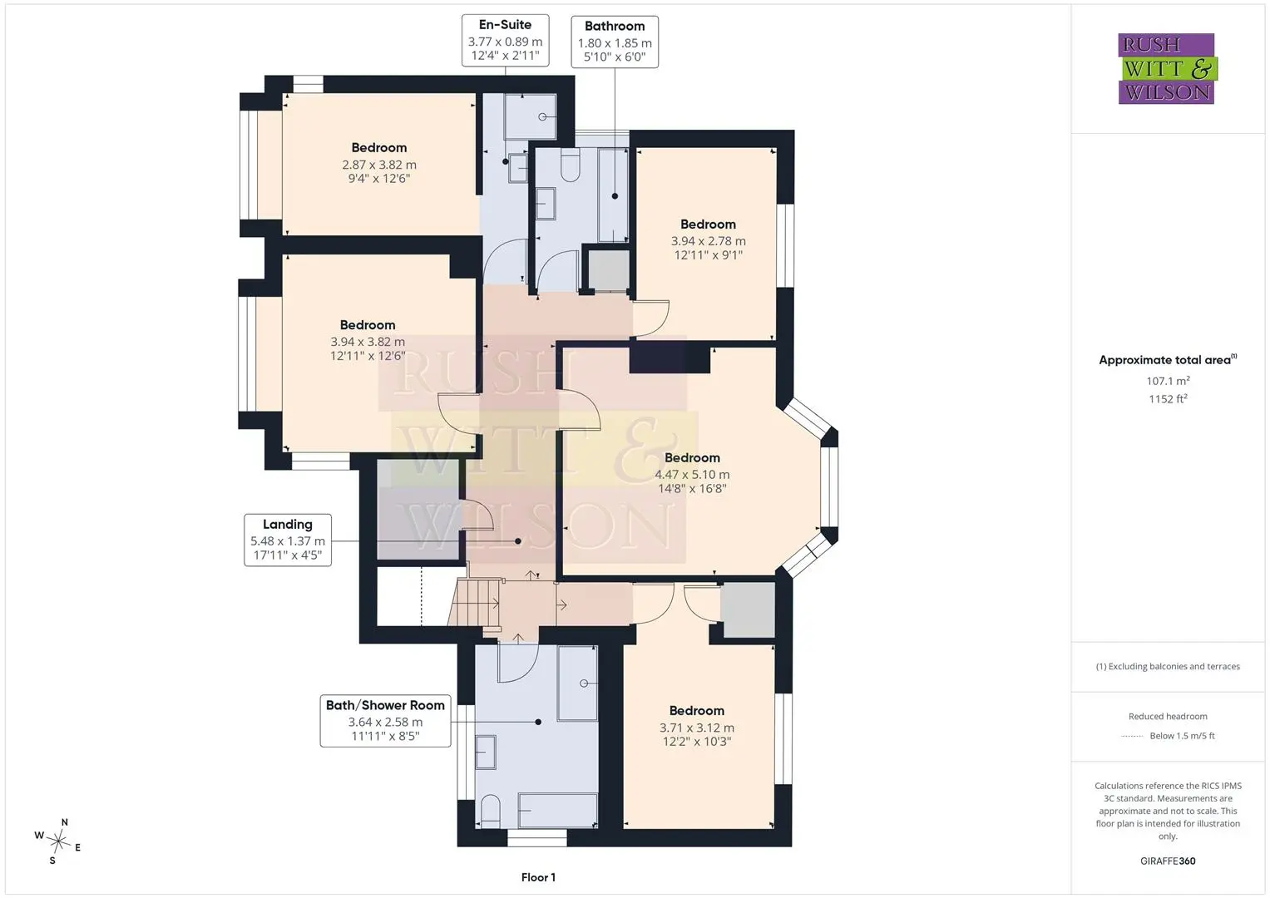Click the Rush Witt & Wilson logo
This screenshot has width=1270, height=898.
pyautogui.click(x=1167, y=68)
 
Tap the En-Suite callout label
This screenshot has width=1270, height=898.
pyautogui.click(x=505, y=40)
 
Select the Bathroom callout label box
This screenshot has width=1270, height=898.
pyautogui.click(x=615, y=42)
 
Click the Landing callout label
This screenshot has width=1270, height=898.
pyautogui.click(x=288, y=540)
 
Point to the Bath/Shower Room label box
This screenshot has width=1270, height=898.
pyautogui.click(x=385, y=721)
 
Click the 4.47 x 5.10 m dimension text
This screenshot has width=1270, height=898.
pyautogui.click(x=692, y=475)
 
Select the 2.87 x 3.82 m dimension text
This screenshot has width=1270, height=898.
pyautogui.click(x=378, y=165)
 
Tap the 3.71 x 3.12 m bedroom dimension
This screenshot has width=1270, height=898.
pyautogui.click(x=696, y=728)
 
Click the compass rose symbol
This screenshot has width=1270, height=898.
pyautogui.click(x=58, y=841)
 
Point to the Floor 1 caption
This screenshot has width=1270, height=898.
pyautogui.click(x=538, y=877)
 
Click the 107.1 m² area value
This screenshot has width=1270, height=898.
pyautogui.click(x=1168, y=381)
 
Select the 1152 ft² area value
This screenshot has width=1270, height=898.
pyautogui.click(x=1168, y=398)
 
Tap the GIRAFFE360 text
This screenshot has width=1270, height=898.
pyautogui.click(x=1168, y=861)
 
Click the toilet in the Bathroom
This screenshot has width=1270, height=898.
pyautogui.click(x=570, y=165)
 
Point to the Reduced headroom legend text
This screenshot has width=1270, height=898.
pyautogui.click(x=1168, y=716)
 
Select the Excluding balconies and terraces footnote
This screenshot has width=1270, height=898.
pyautogui.click(x=1168, y=666)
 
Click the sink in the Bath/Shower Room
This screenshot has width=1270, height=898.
pyautogui.click(x=486, y=752)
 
